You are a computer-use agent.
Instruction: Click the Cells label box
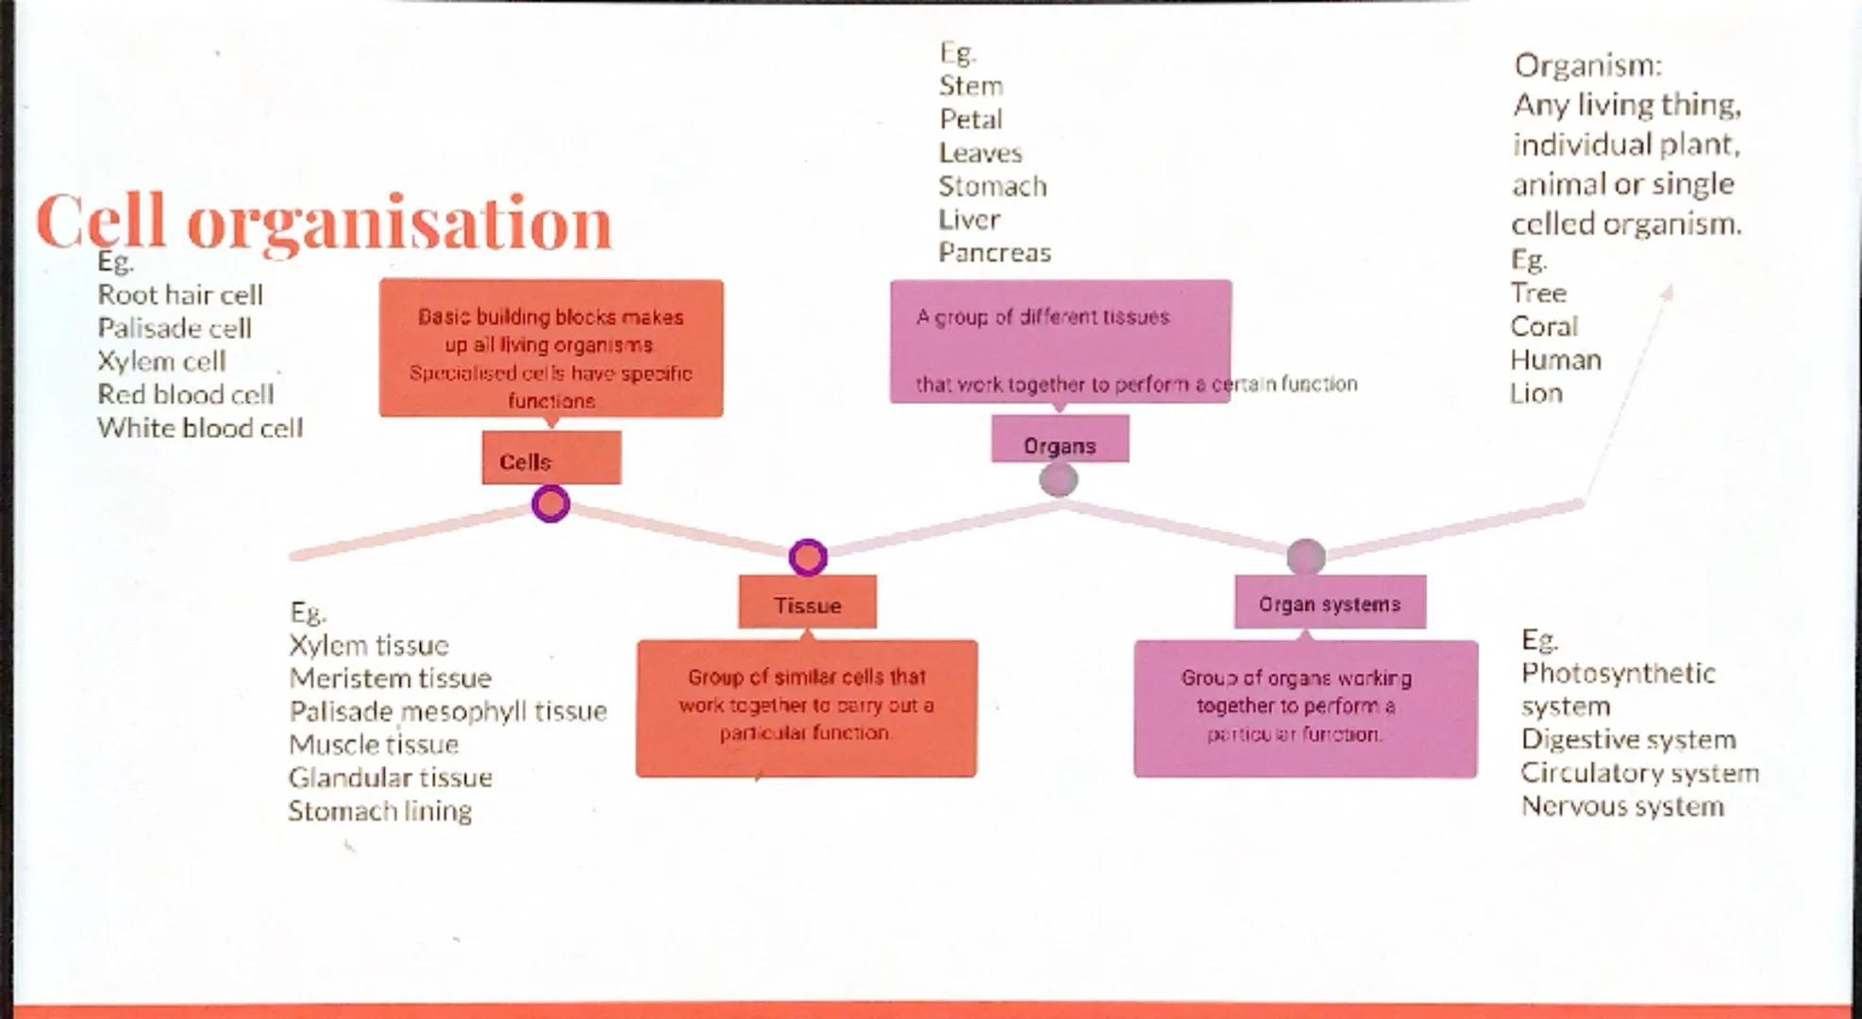pos(551,459)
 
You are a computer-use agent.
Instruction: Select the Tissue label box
pos(807,603)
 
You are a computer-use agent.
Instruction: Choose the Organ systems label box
pos(1329,602)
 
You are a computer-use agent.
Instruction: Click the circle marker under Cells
pos(551,504)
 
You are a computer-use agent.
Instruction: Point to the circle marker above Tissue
pos(808,558)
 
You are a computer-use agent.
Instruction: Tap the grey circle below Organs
pos(1058,479)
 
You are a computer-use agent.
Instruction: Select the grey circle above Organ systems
pos(1306,557)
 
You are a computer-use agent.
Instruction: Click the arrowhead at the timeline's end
pos(1666,293)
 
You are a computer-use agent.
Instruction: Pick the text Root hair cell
pos(180,295)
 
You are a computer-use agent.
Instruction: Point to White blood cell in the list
pos(200,428)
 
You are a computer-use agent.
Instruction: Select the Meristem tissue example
pos(390,678)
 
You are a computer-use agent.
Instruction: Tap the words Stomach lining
pos(379,811)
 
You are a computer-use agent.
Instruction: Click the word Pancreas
pos(994,253)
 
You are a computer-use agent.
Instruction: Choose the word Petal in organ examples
pos(970,120)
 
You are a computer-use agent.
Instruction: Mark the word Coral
pos(1543,326)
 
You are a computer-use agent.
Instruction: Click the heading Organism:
pos(1587,65)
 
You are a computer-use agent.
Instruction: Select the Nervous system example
pos(1621,807)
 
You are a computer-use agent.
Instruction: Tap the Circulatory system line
pos(1639,774)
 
